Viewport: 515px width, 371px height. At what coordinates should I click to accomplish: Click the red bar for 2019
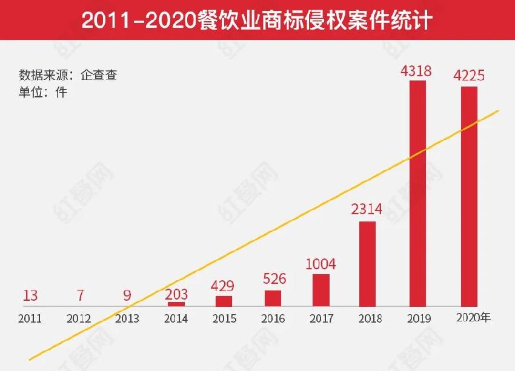pyautogui.click(x=417, y=194)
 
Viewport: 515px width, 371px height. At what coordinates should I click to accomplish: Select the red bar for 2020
pyautogui.click(x=469, y=197)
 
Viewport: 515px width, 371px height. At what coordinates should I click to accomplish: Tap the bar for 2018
pyautogui.click(x=367, y=264)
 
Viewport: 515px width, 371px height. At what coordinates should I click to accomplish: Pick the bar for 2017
pyautogui.click(x=321, y=291)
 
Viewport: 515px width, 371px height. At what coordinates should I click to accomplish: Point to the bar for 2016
pyautogui.click(x=273, y=298)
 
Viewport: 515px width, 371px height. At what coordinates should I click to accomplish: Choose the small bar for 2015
pyautogui.click(x=224, y=301)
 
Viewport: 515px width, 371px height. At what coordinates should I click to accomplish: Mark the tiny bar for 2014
pyautogui.click(x=176, y=304)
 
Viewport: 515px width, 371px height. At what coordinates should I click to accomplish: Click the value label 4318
pyautogui.click(x=416, y=71)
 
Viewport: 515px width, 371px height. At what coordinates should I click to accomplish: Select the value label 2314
pyautogui.click(x=367, y=210)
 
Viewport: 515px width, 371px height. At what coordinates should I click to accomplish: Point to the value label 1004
pyautogui.click(x=321, y=264)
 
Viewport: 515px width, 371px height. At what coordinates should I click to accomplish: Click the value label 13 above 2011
pyautogui.click(x=30, y=296)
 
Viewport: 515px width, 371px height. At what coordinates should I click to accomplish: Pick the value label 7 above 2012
pyautogui.click(x=80, y=296)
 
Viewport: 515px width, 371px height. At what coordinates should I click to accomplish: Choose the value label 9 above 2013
pyautogui.click(x=127, y=296)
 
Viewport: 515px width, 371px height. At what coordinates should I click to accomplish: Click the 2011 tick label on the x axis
pyautogui.click(x=30, y=319)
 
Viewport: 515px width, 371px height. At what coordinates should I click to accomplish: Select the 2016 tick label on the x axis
pyautogui.click(x=273, y=319)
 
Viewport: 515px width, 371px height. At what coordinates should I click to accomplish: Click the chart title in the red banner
pyautogui.click(x=257, y=20)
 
